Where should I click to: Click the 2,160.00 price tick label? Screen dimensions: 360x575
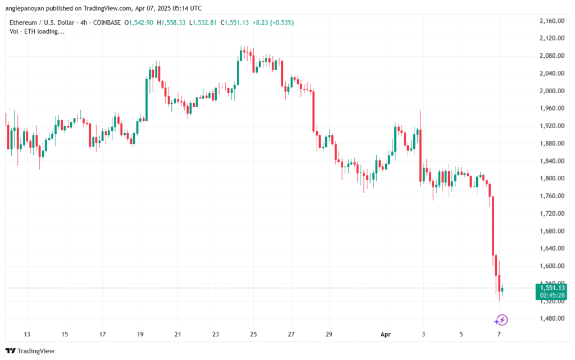551,21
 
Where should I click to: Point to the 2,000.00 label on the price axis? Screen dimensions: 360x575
551,91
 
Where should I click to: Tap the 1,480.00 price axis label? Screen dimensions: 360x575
551,318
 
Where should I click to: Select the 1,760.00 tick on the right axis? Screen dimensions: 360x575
551,196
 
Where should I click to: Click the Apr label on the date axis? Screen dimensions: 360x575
385,334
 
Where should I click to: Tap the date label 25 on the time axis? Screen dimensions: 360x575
253,334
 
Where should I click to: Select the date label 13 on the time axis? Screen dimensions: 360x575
26,334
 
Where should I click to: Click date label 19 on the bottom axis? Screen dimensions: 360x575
140,334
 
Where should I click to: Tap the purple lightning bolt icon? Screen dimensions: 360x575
501,320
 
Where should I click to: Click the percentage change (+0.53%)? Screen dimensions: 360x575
278,22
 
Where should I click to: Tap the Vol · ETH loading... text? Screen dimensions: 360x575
37,31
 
